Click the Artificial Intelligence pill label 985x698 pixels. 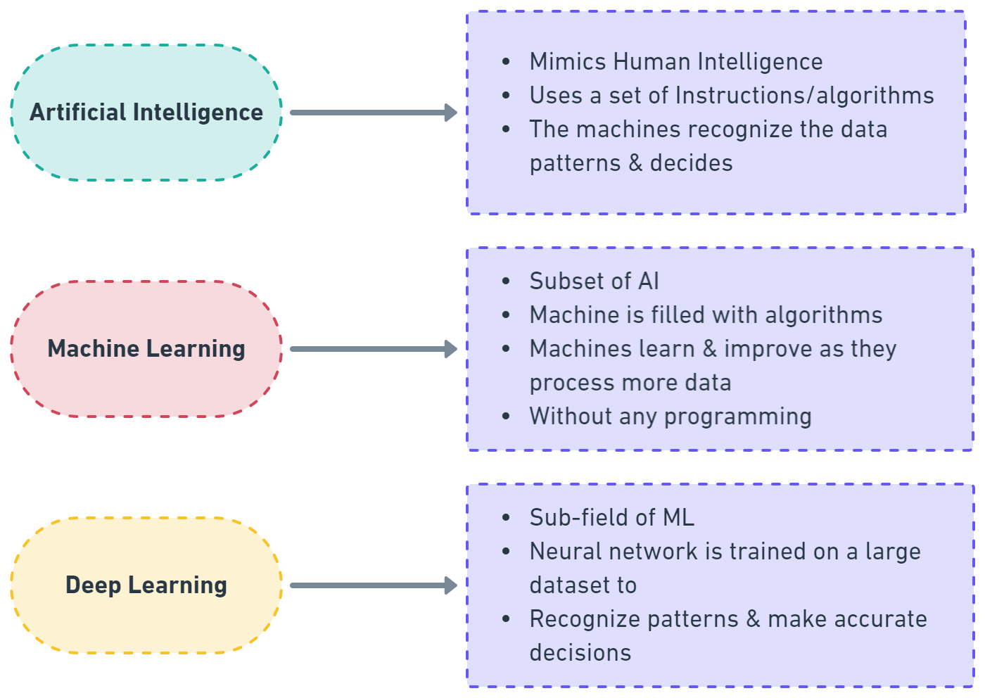146,113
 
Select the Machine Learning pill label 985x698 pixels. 146,349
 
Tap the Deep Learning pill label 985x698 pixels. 146,585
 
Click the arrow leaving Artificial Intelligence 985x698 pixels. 373,113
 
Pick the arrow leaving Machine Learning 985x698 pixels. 373,349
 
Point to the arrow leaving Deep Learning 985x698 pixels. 373,585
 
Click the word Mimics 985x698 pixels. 567,62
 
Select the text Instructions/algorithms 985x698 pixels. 804,96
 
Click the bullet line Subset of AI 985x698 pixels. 594,281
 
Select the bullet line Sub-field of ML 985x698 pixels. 611,518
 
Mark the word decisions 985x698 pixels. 580,653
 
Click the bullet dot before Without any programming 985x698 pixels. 506,417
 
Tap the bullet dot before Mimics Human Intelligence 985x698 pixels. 506,62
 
